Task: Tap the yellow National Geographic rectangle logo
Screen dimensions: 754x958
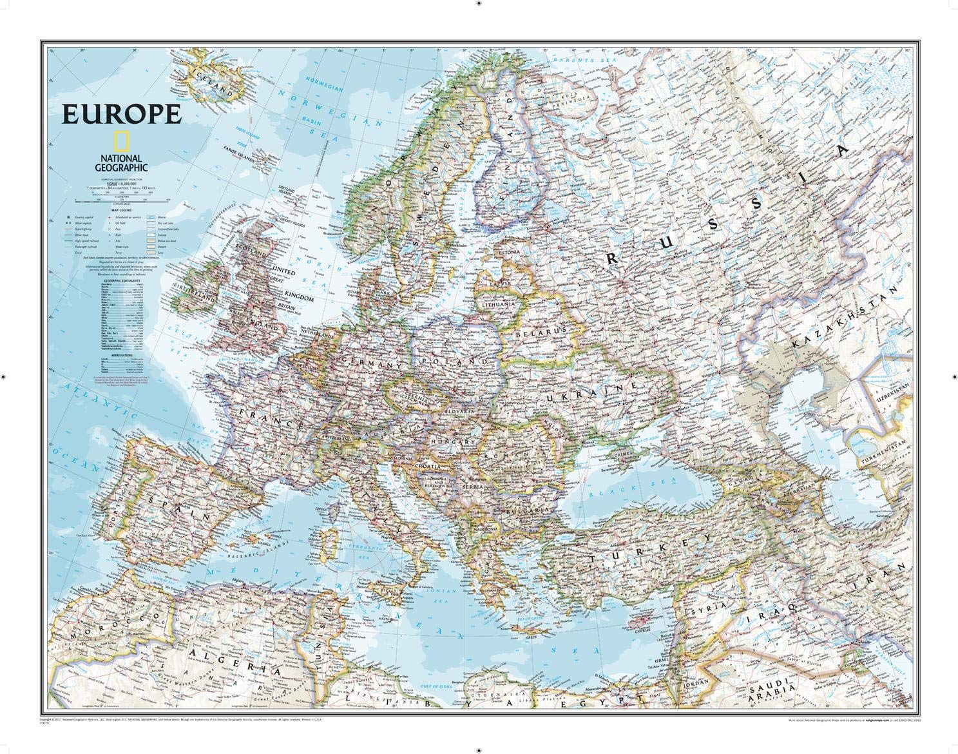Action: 119,141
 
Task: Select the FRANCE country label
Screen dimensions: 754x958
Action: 270,417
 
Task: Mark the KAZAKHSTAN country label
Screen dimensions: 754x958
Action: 843,320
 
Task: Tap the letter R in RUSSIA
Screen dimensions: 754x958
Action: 610,257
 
